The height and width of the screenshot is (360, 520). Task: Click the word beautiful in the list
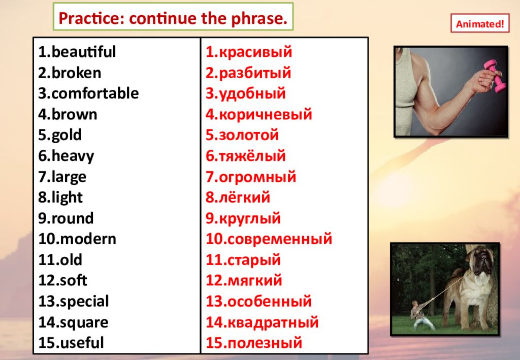(x=84, y=52)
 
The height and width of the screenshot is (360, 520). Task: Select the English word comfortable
(x=95, y=93)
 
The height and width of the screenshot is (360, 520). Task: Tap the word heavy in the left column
(x=73, y=156)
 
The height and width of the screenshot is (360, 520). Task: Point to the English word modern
(x=88, y=239)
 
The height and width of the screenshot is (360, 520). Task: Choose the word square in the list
(x=84, y=323)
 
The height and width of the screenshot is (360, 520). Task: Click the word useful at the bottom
(x=82, y=343)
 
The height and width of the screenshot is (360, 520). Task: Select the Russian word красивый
(x=255, y=52)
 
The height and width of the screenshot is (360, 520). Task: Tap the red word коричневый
(x=265, y=115)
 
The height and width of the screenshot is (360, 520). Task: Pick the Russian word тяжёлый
(x=252, y=156)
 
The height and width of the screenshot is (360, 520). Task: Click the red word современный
(x=280, y=239)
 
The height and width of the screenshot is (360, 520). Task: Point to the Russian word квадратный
(x=273, y=323)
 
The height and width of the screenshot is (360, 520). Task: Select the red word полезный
(x=265, y=343)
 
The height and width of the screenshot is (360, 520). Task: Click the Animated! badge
(x=480, y=23)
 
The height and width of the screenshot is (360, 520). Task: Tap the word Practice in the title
(x=90, y=18)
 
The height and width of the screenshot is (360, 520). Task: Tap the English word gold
(x=67, y=136)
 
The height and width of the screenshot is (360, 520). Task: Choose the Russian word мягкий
(x=255, y=281)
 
